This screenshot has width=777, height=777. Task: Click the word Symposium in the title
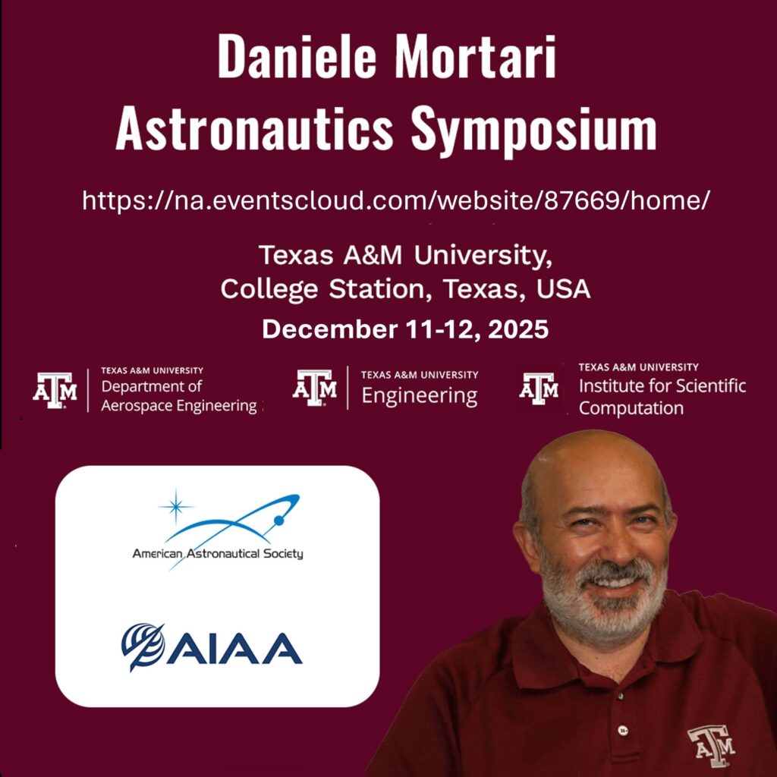click(x=533, y=130)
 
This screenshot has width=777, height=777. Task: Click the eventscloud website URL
click(x=396, y=200)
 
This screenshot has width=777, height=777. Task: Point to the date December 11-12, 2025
click(x=405, y=329)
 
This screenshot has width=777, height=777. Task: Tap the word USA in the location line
click(x=564, y=289)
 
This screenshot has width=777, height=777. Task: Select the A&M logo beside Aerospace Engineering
click(x=55, y=391)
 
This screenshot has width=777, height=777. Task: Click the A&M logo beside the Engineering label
click(x=314, y=388)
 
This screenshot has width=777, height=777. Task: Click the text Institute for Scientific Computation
click(x=662, y=396)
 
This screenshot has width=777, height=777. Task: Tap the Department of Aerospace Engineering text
click(x=179, y=395)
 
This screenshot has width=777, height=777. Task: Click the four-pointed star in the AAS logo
click(x=175, y=506)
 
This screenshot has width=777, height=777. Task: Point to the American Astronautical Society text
click(x=218, y=553)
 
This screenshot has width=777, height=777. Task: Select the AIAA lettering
click(x=234, y=648)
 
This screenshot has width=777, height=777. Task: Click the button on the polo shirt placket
click(x=623, y=730)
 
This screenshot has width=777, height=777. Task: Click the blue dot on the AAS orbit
click(x=279, y=521)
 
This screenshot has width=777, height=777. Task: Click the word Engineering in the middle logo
click(x=419, y=396)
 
